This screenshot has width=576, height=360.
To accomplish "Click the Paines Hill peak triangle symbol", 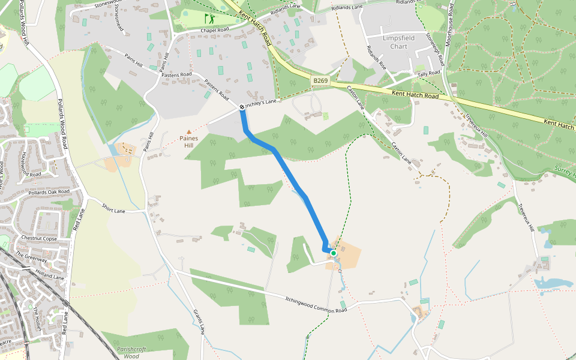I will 189,131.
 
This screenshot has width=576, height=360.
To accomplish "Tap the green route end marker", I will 333,253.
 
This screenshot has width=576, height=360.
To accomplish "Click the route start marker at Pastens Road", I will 242,107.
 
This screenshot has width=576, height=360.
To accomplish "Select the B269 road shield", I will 319,80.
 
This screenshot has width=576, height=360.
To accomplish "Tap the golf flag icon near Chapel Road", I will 208,19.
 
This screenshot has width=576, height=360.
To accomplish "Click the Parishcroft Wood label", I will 132,352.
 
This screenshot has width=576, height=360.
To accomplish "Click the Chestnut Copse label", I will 39,238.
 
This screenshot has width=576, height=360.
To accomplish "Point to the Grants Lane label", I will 199,322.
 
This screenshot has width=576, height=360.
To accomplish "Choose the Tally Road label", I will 429,73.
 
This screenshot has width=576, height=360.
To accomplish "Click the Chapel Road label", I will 215,29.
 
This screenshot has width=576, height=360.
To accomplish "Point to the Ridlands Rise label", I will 377,58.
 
